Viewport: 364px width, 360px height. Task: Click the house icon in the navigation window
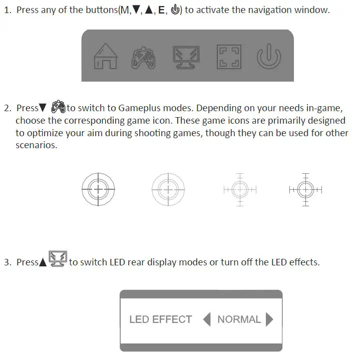point(105,56)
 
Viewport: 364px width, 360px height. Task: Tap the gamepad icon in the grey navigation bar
point(143,57)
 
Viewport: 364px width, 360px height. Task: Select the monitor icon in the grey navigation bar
point(186,57)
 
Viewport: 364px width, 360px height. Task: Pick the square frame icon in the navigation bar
point(229,57)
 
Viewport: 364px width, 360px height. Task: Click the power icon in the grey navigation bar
point(269,57)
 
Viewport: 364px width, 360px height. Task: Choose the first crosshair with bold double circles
point(98,189)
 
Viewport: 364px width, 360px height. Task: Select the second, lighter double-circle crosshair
point(168,189)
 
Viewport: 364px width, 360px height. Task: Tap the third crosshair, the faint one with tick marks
point(240,189)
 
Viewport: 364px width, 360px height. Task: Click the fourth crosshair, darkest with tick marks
point(305,189)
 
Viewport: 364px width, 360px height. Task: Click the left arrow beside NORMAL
point(207,319)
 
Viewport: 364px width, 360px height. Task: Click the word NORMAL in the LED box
point(239,319)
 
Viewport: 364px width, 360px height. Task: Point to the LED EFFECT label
point(160,319)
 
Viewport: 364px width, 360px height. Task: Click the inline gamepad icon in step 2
point(58,107)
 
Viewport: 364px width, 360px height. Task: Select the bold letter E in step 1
point(162,10)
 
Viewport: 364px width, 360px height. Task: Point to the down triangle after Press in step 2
point(43,108)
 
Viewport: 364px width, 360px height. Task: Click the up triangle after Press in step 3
point(43,262)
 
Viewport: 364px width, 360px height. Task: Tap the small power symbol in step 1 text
point(175,10)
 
